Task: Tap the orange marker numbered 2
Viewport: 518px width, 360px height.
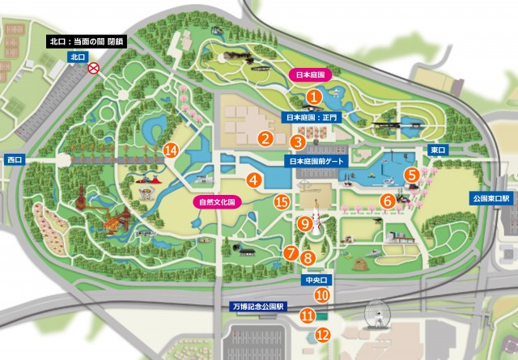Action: click(x=265, y=138)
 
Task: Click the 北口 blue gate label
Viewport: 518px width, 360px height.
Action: click(x=78, y=57)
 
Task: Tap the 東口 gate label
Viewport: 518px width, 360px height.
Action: click(x=438, y=150)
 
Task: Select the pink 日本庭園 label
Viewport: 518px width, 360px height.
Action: click(x=310, y=74)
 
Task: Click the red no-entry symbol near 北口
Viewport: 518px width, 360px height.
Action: click(x=94, y=70)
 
